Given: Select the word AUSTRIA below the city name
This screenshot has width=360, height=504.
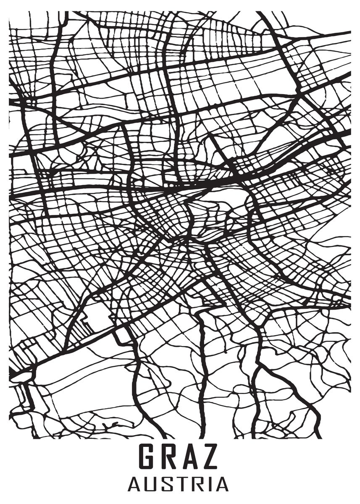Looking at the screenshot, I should click(178, 484).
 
